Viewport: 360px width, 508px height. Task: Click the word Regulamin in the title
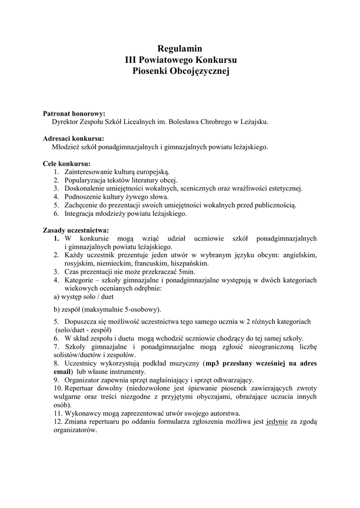(180, 49)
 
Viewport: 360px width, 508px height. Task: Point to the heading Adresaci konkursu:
(73, 138)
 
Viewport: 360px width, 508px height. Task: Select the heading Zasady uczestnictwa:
(76, 230)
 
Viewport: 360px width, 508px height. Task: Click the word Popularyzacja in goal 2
(86, 180)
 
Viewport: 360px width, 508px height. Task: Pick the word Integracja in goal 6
(80, 214)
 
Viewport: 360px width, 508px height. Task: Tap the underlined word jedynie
(277, 422)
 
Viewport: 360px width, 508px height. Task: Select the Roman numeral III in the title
(131, 60)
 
